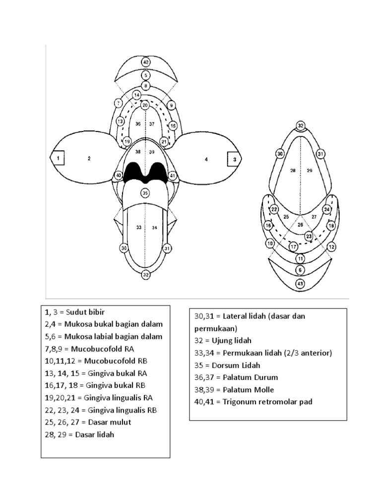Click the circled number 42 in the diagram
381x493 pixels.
[x=145, y=62]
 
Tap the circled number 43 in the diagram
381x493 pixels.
[x=300, y=283]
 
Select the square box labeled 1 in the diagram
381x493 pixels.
[x=59, y=159]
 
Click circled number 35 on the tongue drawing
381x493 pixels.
[x=145, y=193]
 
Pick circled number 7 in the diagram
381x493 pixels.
[x=118, y=103]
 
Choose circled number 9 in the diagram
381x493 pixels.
[x=172, y=105]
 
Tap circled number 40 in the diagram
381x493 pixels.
[x=119, y=176]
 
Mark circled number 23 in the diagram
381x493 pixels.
[x=309, y=237]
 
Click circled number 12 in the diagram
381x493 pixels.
[x=331, y=246]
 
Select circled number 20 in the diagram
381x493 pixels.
[x=145, y=105]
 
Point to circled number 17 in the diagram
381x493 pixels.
[x=293, y=246]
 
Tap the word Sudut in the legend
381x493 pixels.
[x=75, y=312]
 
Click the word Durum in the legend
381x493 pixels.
[x=266, y=377]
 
